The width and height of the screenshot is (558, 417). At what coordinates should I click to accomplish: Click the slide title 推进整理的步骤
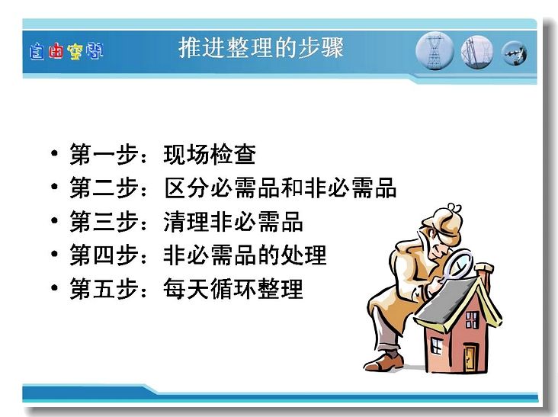click(x=261, y=47)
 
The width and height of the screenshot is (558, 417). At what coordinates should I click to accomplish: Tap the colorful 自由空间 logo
click(x=66, y=52)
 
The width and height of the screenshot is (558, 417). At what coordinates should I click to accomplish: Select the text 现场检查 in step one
click(x=210, y=155)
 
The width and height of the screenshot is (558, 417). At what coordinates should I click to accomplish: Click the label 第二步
click(x=104, y=188)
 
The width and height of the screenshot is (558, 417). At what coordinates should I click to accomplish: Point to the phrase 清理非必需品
click(x=233, y=221)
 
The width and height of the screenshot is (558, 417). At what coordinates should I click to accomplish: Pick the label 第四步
click(x=104, y=255)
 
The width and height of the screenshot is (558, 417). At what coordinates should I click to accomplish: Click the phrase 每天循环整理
click(x=233, y=289)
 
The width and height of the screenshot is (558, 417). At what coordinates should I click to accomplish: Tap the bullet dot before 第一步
click(x=54, y=153)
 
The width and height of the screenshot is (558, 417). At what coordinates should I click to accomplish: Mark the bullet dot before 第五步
click(x=54, y=287)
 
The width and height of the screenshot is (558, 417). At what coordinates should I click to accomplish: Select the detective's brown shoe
click(x=384, y=361)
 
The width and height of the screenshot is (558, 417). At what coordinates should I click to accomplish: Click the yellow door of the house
click(x=470, y=358)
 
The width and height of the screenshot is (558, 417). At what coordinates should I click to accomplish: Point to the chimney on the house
click(x=484, y=273)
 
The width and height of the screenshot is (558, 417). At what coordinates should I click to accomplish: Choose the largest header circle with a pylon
click(x=435, y=51)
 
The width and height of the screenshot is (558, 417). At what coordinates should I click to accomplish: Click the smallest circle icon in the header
click(x=515, y=53)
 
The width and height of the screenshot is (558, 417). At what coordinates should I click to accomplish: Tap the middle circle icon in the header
click(x=477, y=52)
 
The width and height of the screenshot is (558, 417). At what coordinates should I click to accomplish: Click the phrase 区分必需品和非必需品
click(x=281, y=188)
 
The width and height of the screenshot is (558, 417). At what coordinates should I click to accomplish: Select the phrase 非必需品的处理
click(x=245, y=255)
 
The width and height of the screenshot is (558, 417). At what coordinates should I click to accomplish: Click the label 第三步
click(x=104, y=221)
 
